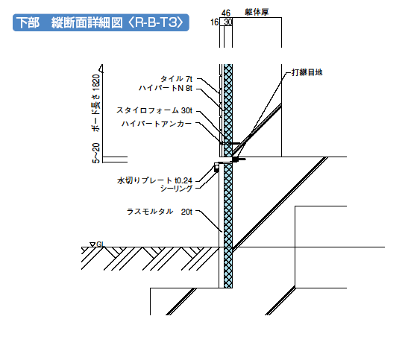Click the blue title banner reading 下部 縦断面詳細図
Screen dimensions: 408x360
(x=101, y=22)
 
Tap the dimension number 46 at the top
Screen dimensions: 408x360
(x=226, y=13)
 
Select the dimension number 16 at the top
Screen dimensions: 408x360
(x=214, y=22)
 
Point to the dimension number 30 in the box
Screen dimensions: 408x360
(x=227, y=22)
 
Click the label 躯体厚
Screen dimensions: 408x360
(x=257, y=12)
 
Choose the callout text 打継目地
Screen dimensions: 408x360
(x=307, y=72)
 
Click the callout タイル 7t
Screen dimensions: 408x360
(x=177, y=78)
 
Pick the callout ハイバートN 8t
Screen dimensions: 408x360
(x=166, y=89)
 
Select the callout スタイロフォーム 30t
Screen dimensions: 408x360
(x=154, y=110)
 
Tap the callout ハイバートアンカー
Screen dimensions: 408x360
(x=157, y=124)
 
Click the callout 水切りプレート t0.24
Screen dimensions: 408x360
(x=155, y=180)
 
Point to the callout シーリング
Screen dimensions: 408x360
(x=176, y=189)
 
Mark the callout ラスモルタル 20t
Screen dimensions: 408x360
(x=160, y=212)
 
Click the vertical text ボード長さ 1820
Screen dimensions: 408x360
(x=96, y=103)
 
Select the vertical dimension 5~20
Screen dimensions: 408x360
(x=96, y=153)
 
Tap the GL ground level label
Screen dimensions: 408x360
(x=101, y=244)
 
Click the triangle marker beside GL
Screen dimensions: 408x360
(x=92, y=244)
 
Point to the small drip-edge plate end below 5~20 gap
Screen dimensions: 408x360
(x=216, y=168)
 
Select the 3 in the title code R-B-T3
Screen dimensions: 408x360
(x=172, y=22)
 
